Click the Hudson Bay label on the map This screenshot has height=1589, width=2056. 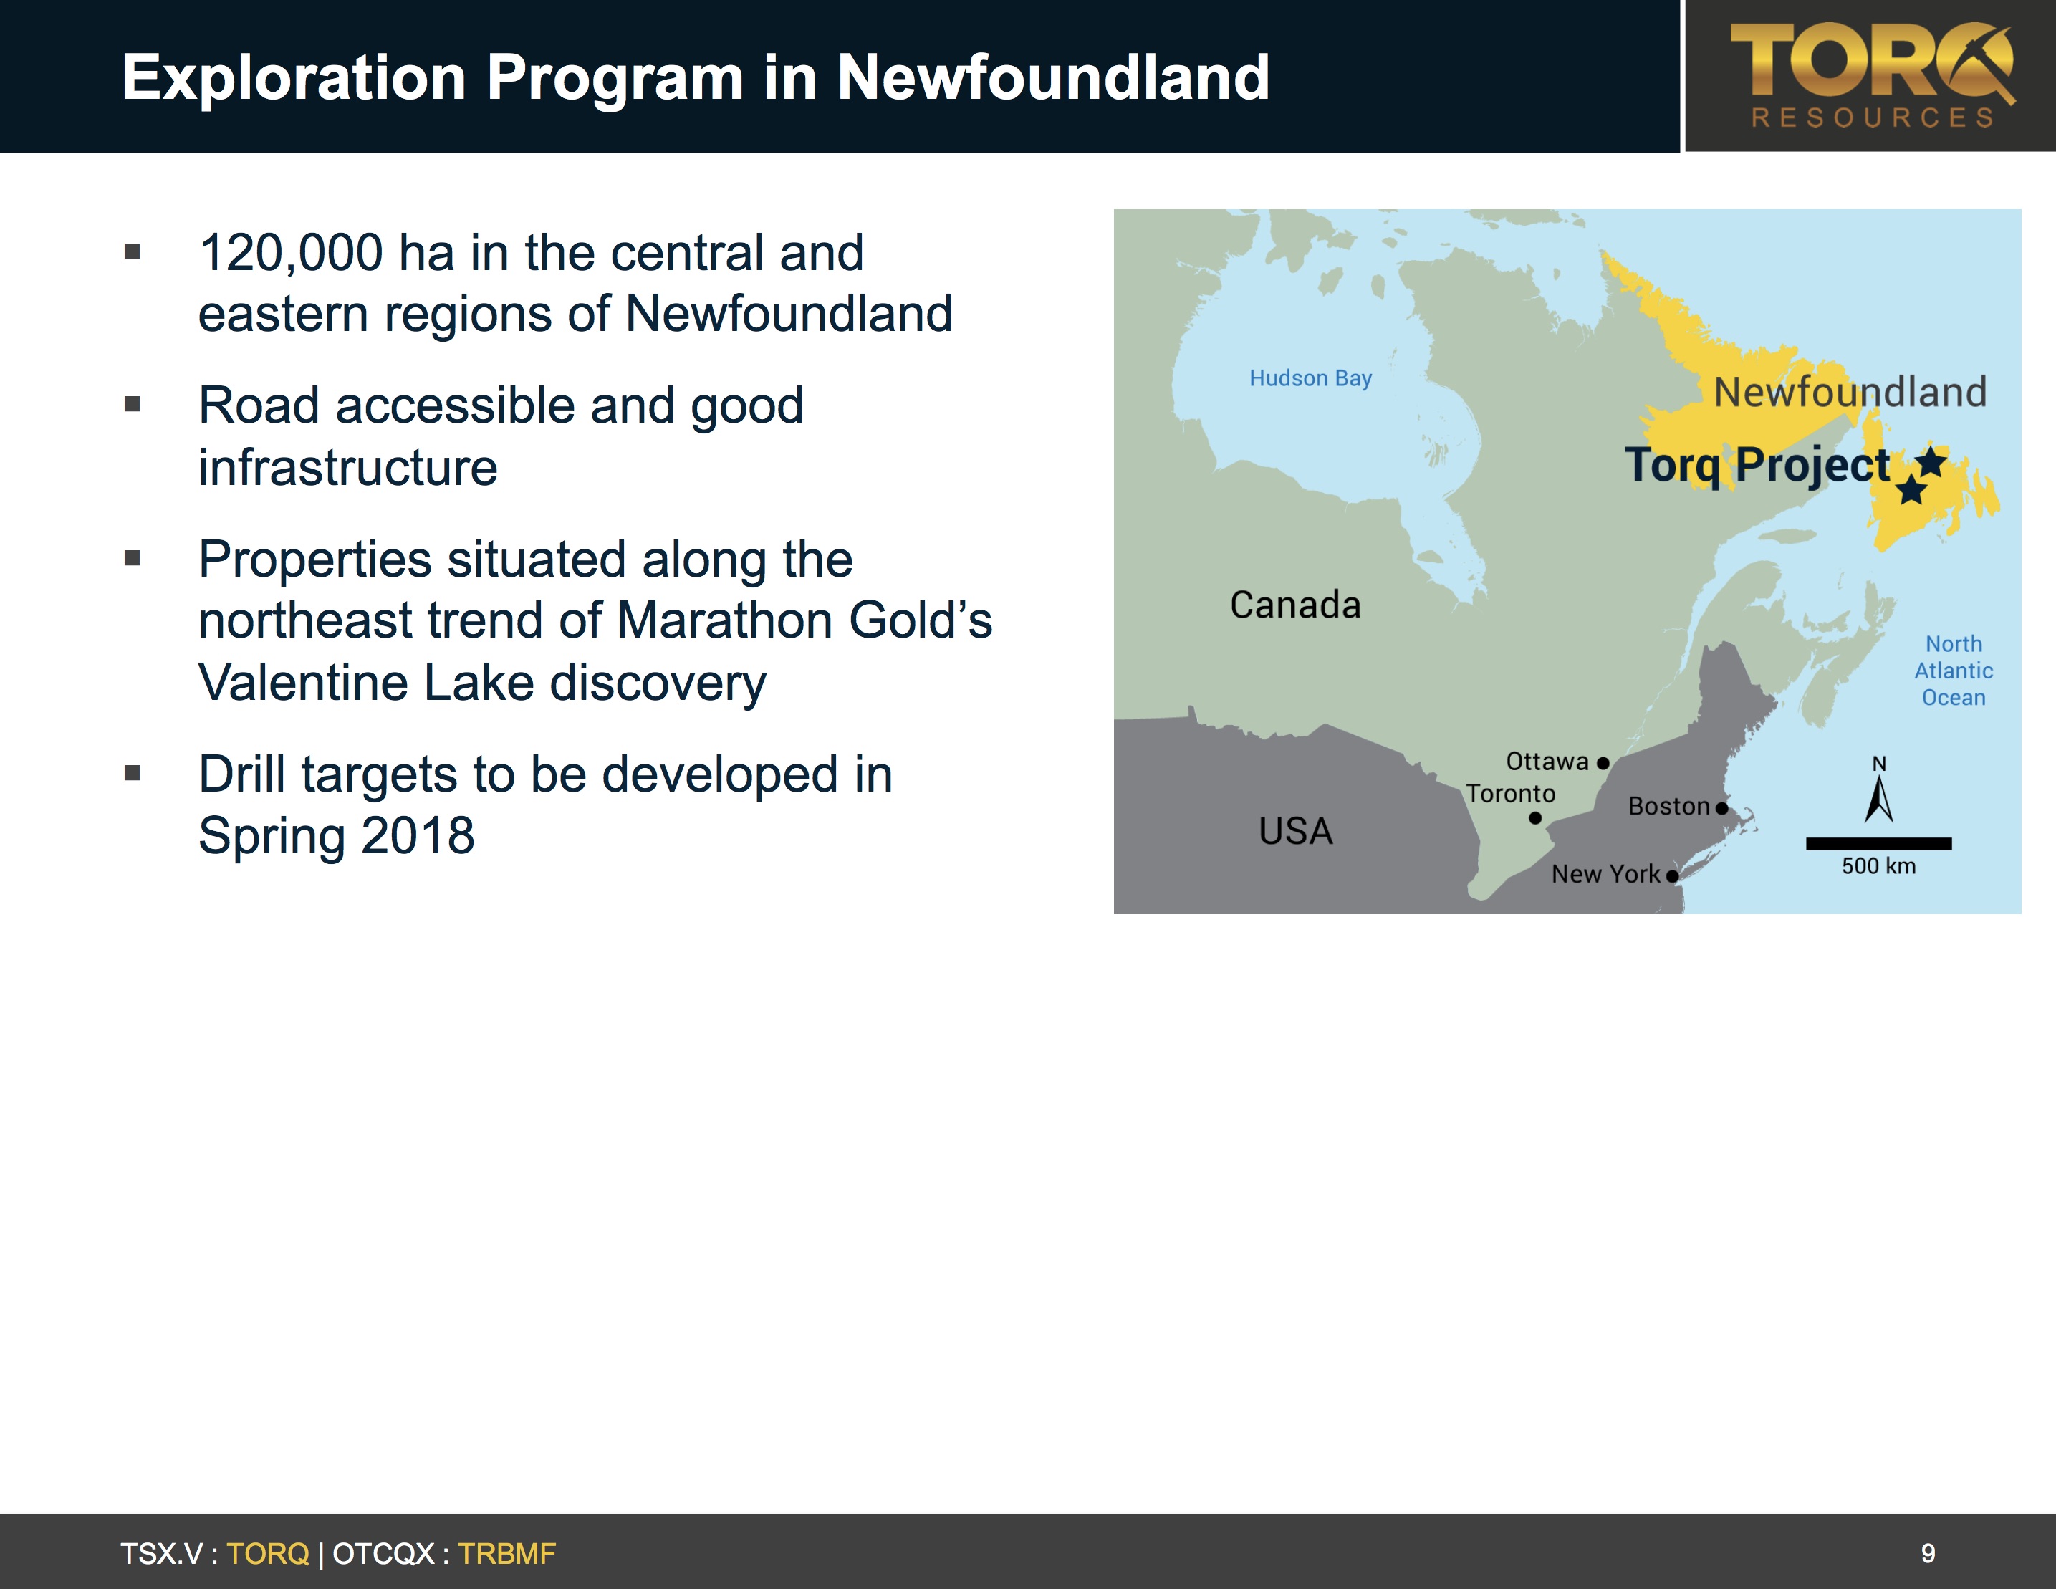[1310, 378]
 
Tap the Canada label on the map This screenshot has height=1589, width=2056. [1295, 605]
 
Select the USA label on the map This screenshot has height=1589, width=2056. [1295, 831]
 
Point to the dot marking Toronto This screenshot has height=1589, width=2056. [1535, 818]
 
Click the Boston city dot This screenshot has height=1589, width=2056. [1721, 807]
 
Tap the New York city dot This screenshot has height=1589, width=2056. [1672, 875]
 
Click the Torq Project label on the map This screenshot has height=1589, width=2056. [1757, 465]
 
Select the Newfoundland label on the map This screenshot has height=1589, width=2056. [1850, 392]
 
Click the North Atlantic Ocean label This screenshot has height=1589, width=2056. [1954, 671]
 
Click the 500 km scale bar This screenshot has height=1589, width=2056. [1879, 843]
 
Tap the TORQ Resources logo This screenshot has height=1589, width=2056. [1871, 75]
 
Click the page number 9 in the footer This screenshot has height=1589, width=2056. [1928, 1553]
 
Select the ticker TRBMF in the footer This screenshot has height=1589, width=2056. [506, 1553]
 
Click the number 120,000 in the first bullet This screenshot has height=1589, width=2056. [291, 252]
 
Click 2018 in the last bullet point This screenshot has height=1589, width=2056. [417, 835]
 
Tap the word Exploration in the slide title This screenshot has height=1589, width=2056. [294, 77]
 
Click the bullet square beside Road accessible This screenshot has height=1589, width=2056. [132, 405]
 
